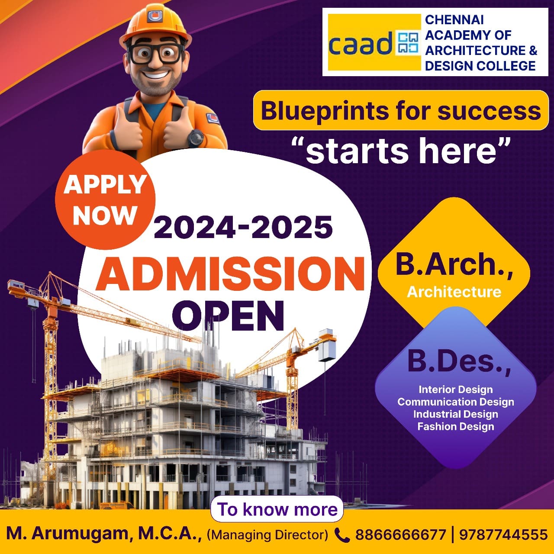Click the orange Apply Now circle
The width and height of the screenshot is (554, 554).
click(105, 200)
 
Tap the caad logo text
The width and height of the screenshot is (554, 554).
click(361, 44)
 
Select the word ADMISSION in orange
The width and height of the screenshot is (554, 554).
click(230, 274)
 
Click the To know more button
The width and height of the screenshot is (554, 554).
click(277, 509)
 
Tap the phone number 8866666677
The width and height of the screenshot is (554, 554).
click(400, 535)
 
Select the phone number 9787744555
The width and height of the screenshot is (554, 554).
click(503, 535)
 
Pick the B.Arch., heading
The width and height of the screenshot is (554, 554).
click(454, 264)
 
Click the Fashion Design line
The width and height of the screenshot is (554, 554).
click(456, 426)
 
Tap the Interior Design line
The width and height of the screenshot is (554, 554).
click(456, 390)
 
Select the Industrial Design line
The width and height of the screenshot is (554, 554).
click(456, 414)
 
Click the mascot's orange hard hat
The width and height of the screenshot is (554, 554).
click(155, 24)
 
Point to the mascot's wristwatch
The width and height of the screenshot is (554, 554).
click(196, 138)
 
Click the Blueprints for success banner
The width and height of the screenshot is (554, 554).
click(401, 110)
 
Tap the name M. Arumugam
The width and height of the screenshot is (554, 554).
click(68, 535)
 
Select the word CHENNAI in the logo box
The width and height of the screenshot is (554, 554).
click(454, 20)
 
